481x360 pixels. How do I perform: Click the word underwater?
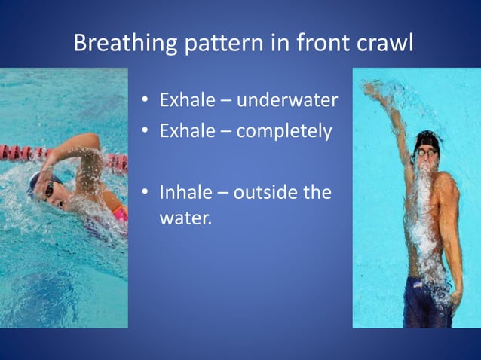pyautogui.click(x=289, y=99)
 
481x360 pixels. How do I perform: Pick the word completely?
pyautogui.click(x=283, y=131)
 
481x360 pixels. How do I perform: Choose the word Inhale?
pyautogui.click(x=184, y=192)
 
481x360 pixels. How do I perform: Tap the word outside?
pyautogui.click(x=265, y=192)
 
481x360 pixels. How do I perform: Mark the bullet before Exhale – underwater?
pyautogui.click(x=146, y=100)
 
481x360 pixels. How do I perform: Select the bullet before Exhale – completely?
pyautogui.click(x=146, y=132)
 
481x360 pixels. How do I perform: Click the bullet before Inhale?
pyautogui.click(x=146, y=193)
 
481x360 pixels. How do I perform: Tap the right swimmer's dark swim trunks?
pyautogui.click(x=427, y=301)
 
